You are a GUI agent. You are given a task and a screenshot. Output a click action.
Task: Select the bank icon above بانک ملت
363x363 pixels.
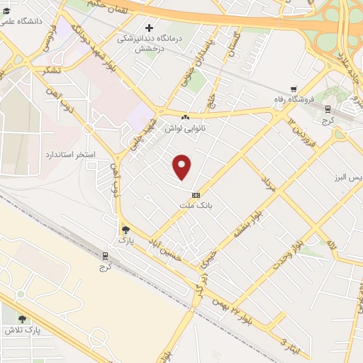(196, 195)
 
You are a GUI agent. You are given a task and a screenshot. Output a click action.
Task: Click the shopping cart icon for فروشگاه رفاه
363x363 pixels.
(284, 89)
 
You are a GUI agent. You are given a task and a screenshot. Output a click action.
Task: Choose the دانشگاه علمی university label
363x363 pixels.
(22, 21)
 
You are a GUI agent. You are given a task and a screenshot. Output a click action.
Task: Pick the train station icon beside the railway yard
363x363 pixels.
(106, 255)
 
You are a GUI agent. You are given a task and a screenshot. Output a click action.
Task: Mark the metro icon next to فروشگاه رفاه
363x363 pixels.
(328, 108)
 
